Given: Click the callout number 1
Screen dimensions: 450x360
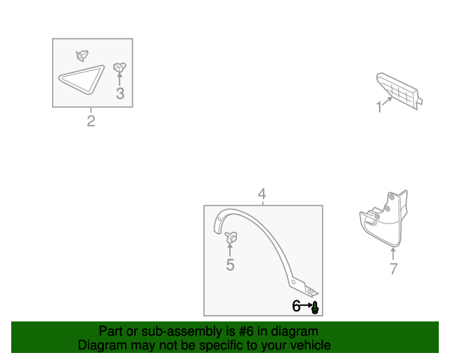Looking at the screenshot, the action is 379,107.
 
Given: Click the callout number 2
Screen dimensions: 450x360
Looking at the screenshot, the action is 91,121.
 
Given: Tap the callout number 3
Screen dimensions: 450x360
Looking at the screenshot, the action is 120,94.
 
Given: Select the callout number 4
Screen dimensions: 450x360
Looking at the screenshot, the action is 262,194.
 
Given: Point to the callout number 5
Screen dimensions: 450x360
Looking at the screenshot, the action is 230,264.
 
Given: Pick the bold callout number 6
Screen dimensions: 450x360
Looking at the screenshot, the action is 296,306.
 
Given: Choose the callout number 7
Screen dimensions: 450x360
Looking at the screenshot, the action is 394,269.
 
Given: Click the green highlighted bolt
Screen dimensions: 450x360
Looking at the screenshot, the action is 315,307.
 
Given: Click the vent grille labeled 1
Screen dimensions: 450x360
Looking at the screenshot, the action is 399,91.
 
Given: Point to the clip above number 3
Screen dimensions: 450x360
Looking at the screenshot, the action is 120,67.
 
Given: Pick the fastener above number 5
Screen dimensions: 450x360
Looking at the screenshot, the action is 231,238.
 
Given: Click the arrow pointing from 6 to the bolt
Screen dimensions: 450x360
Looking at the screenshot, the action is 306,305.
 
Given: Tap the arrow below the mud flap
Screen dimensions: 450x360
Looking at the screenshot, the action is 393,254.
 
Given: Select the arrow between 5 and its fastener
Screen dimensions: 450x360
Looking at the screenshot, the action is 230,250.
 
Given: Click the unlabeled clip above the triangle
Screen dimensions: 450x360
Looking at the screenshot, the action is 82,56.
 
